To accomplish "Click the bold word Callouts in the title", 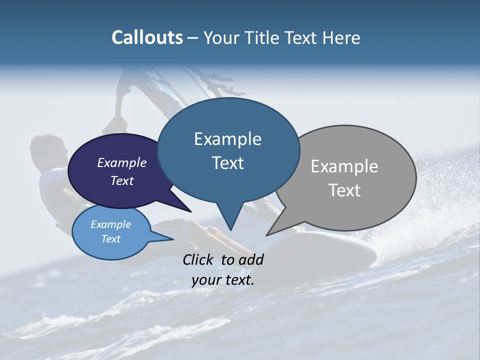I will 147,37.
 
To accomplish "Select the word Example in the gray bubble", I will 344,166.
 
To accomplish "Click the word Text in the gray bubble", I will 344,190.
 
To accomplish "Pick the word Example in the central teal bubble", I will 227,139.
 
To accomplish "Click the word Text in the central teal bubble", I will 227,163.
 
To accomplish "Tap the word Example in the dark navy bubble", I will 121,162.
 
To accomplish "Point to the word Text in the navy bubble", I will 121,180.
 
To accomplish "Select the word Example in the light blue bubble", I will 110,224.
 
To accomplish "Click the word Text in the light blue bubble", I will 110,239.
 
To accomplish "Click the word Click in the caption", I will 198,259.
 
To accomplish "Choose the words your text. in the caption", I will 223,280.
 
